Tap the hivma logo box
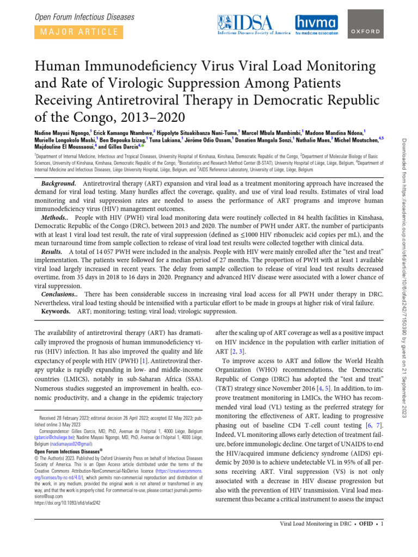pyautogui.click(x=315, y=24)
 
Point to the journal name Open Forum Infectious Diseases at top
pyautogui.click(x=84, y=17)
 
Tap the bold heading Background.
pyautogui.click(x=58, y=184)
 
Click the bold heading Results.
pyautogui.click(x=53, y=253)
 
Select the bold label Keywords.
pyautogui.click(x=56, y=312)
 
